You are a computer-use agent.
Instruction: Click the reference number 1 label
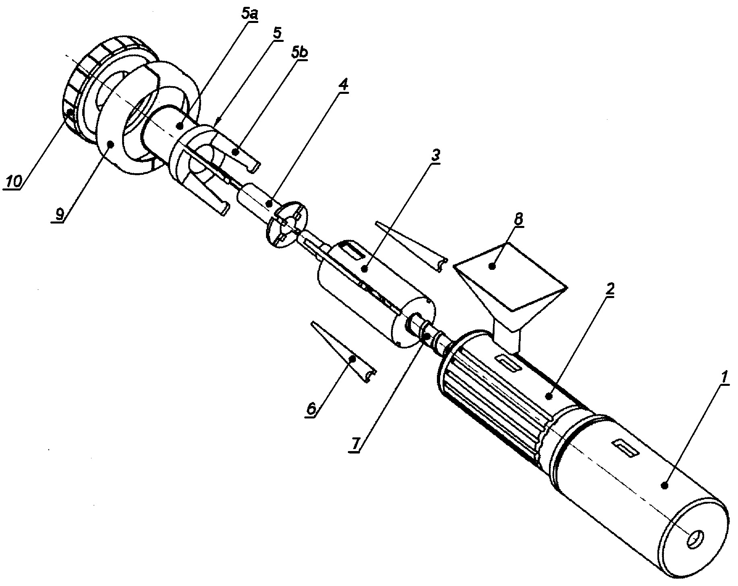tap(724, 379)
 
